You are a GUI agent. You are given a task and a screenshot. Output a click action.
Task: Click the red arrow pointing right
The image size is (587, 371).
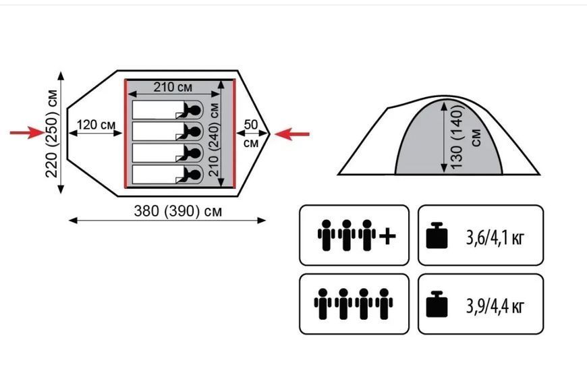pos(27,132)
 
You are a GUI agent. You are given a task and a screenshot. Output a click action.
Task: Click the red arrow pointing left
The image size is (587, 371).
pos(292,134)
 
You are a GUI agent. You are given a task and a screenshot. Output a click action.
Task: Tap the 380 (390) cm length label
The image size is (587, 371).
pos(178,211)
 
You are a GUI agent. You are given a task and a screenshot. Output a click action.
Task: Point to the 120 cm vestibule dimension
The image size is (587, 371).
pos(96,125)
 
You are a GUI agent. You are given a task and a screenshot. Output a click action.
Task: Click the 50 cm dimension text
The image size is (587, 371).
pos(251,134)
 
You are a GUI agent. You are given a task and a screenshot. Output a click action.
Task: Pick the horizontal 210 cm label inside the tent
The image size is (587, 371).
pos(173,87)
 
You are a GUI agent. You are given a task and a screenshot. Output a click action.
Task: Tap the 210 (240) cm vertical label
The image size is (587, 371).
pos(214,139)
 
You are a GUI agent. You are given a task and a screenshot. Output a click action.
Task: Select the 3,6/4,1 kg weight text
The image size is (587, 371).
pos(495,237)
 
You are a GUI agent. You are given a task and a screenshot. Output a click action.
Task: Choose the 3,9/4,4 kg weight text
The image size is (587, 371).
pos(495,306)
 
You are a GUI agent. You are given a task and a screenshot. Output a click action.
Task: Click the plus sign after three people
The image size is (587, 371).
pos(387,236)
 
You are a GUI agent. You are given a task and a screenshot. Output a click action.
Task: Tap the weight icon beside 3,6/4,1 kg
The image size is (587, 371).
pos(437,235)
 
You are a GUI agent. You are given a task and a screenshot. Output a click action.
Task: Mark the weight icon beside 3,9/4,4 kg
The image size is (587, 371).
pos(437,304)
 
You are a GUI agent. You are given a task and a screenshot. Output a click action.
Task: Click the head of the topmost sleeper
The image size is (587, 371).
pos(195,110)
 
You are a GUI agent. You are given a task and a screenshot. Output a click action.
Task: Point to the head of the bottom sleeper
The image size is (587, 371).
pos(195,175)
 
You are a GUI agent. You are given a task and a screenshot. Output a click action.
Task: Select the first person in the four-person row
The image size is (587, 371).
pos(323,304)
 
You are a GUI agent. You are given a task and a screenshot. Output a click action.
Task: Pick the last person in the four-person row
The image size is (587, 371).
pos(384,304)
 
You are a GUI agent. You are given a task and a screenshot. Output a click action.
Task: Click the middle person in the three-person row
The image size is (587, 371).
pos(346,235)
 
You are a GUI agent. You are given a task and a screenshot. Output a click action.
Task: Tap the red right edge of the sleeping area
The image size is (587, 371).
pos(234,134)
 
